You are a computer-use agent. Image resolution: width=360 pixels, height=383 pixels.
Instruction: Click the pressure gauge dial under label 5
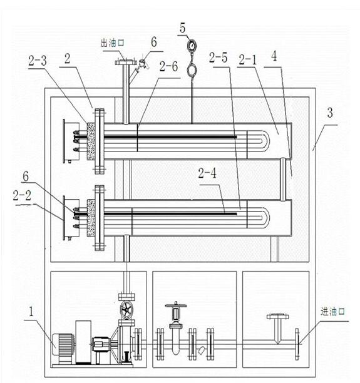coord(192,45)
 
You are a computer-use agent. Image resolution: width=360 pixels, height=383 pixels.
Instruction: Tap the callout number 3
coord(330,113)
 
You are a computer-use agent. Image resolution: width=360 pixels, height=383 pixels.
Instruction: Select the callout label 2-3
coord(38,61)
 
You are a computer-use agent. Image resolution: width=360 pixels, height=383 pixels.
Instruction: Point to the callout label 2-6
coord(168,67)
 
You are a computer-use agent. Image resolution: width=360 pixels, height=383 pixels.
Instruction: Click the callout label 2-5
coord(219,58)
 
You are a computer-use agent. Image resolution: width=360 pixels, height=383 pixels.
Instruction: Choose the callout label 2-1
coord(247,60)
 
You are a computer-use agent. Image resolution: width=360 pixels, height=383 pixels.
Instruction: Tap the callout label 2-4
coord(207,173)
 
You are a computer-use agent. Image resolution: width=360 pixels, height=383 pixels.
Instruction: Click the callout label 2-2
coord(23,195)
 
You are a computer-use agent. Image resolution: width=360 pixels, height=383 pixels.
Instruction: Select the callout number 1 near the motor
coord(31,312)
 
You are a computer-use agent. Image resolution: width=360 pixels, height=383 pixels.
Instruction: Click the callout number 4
coord(274,56)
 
